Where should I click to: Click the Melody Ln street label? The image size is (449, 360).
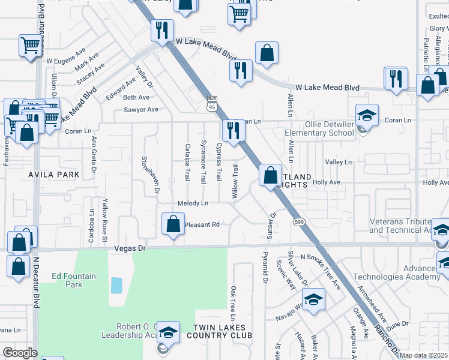point(193,203)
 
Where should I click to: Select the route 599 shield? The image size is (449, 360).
point(298,222)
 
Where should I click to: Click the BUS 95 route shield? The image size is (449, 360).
point(211,103)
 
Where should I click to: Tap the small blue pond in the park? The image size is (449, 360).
point(116,285)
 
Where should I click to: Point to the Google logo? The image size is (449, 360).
point(20,353)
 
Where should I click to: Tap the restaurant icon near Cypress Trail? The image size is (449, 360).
point(232,130)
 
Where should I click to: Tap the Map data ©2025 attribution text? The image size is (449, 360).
point(423,355)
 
